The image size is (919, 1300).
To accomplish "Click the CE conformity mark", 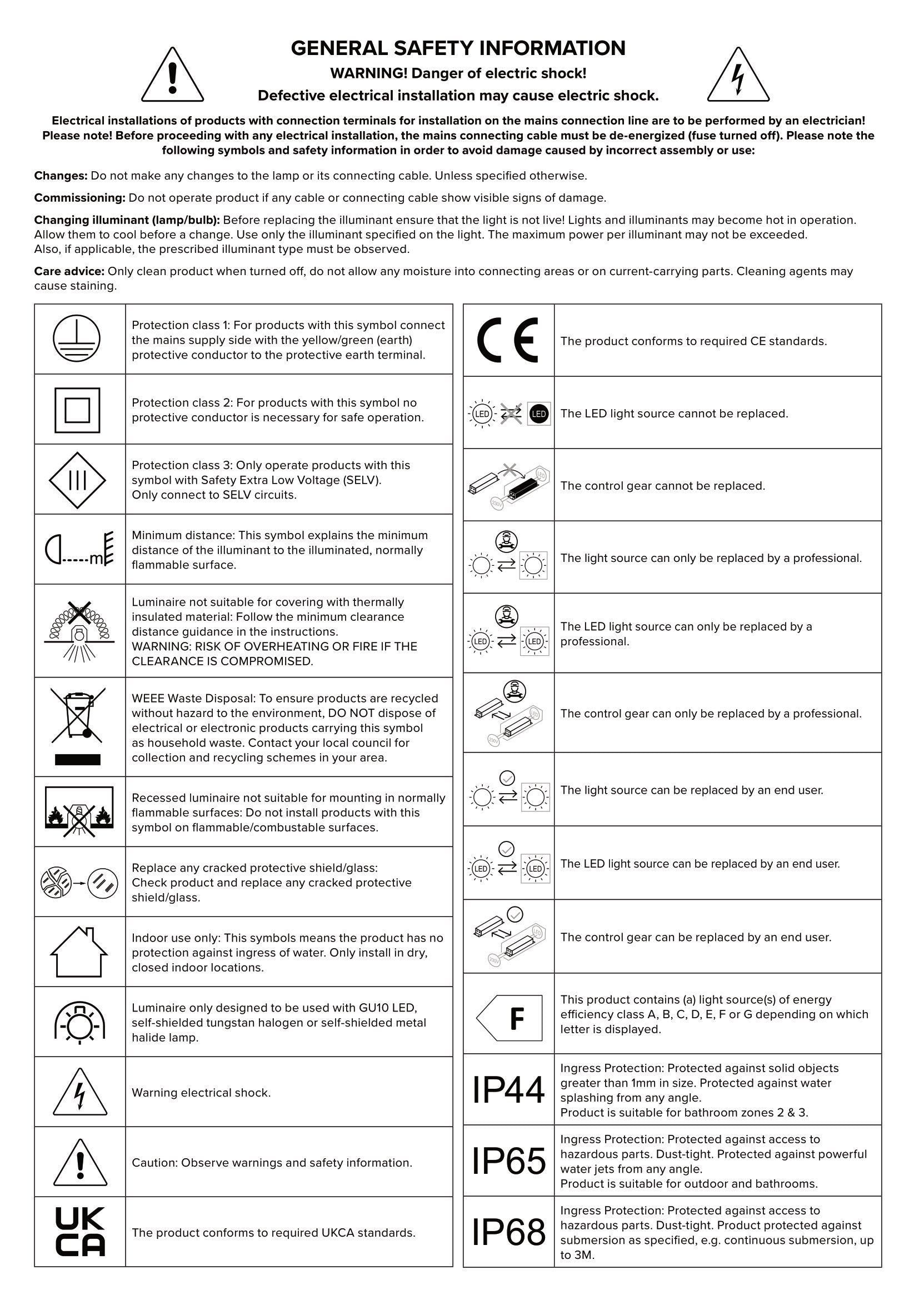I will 508,340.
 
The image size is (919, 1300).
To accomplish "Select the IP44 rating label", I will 508,1089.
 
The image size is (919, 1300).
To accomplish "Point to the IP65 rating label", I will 508,1160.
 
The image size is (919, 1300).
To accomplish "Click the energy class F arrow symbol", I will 510,1018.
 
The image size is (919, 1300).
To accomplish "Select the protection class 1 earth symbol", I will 77,338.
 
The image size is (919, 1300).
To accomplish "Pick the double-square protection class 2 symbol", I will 78,410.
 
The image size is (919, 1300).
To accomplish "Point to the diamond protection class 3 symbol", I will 78,480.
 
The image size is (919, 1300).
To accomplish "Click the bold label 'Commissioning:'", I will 80,198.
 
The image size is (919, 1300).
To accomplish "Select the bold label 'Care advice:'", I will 69,271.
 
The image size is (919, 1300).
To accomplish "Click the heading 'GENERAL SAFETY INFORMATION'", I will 458,48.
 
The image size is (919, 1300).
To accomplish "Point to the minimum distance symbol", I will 79,549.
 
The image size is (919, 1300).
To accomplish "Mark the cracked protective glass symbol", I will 79,882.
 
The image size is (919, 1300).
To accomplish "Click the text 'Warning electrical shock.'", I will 201,1092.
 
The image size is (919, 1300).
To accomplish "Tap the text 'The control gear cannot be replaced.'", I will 662,486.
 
